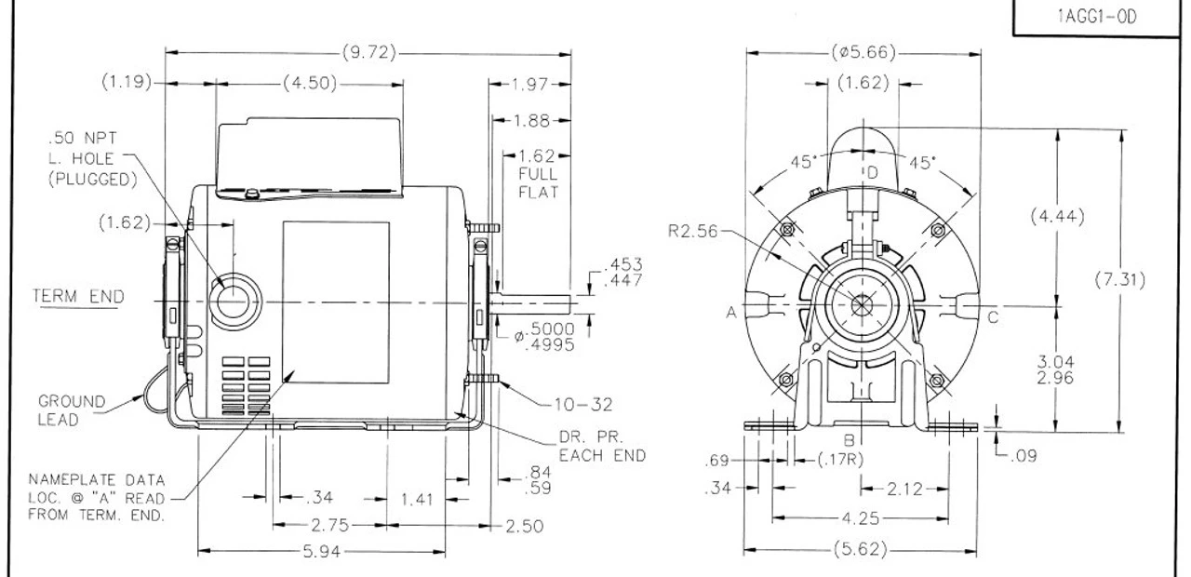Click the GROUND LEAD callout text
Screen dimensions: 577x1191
(72, 410)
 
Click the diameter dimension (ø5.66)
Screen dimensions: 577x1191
(863, 53)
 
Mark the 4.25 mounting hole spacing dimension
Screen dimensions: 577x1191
(861, 518)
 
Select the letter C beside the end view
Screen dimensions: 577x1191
(993, 316)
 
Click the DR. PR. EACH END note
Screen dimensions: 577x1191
(602, 447)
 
